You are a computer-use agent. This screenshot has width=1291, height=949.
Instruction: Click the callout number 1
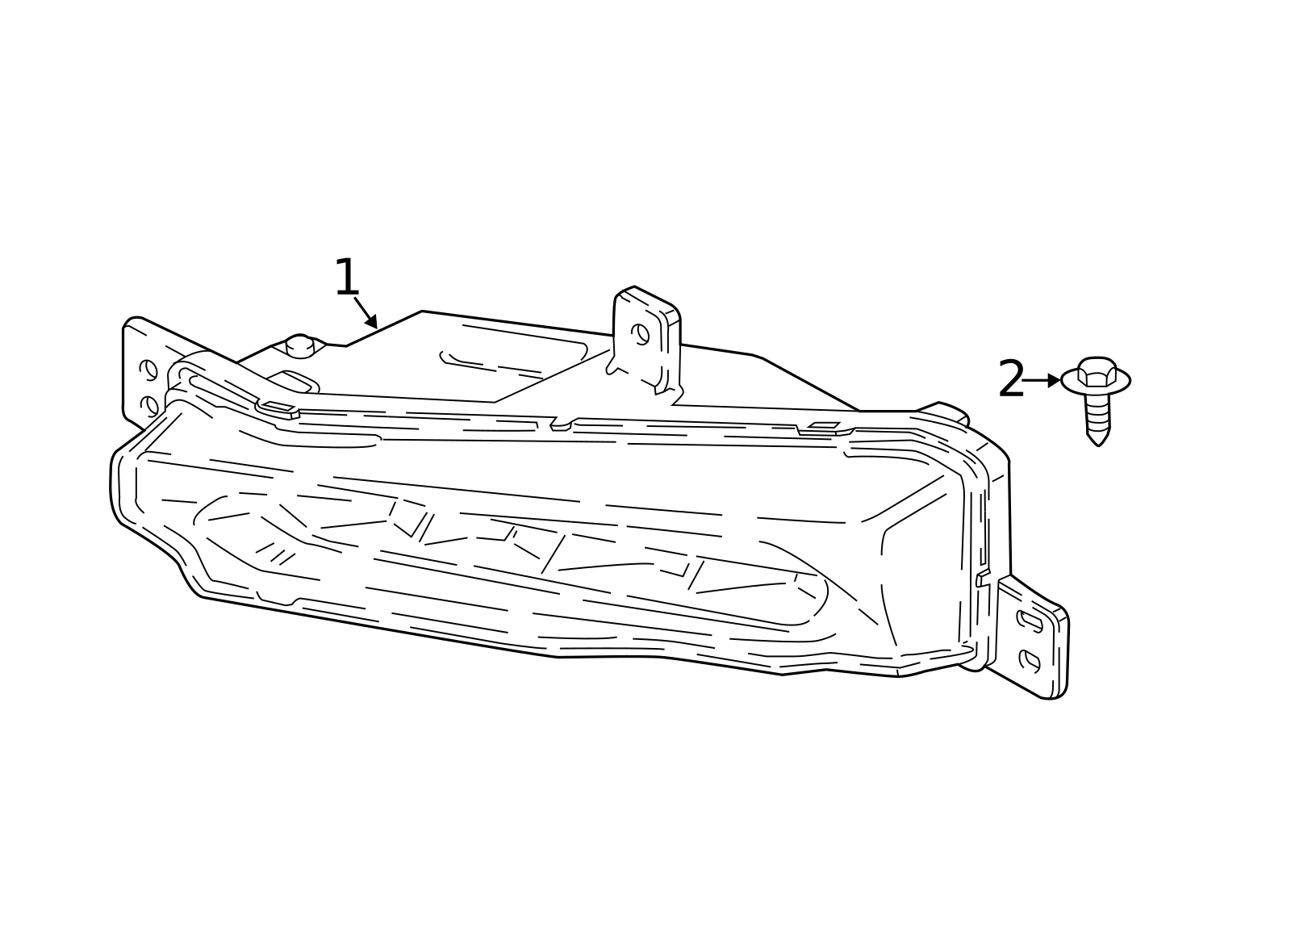(347, 278)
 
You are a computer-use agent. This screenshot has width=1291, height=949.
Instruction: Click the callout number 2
(1011, 379)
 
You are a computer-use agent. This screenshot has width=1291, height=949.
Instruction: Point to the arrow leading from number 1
(366, 312)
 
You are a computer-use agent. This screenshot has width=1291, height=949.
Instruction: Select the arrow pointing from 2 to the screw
(1042, 379)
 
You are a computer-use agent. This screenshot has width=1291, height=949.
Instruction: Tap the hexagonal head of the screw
(1097, 371)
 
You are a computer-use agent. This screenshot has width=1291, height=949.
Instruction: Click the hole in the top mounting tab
(640, 332)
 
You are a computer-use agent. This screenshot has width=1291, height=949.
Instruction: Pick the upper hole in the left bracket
(148, 370)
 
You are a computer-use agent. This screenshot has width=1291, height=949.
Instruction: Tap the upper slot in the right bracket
(1030, 621)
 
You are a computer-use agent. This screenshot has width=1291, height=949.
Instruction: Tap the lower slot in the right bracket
(1030, 660)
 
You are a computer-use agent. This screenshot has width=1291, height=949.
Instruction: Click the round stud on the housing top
(299, 345)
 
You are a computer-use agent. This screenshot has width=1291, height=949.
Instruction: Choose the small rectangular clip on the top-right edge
(822, 426)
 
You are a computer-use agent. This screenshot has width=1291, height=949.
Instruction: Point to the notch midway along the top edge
(561, 424)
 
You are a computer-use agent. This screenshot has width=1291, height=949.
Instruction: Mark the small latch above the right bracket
(982, 578)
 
